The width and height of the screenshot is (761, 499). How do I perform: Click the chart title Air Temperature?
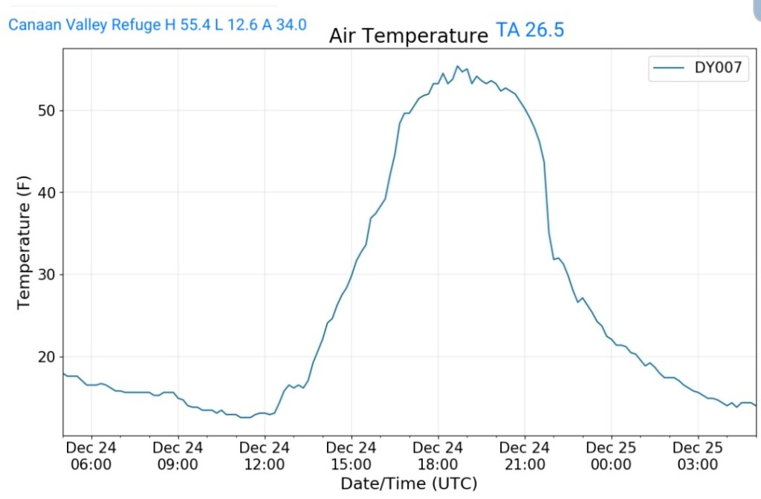click(x=408, y=36)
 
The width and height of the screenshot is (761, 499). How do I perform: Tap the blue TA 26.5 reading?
click(x=530, y=31)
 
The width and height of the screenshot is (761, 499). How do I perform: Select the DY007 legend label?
click(x=722, y=68)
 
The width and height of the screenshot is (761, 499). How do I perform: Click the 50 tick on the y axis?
click(x=47, y=111)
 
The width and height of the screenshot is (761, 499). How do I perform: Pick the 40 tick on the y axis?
click(x=47, y=193)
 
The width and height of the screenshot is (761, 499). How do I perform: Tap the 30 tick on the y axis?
click(x=47, y=275)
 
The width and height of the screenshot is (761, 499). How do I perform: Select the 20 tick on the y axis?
click(x=47, y=357)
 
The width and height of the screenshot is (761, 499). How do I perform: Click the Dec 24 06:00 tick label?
click(x=91, y=456)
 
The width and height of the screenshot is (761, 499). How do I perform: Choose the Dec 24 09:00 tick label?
click(x=178, y=456)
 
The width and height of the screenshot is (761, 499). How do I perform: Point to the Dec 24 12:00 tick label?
click(x=265, y=456)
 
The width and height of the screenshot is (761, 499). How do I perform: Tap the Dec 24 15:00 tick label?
click(x=352, y=456)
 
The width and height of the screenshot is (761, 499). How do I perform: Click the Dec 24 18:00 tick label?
click(x=438, y=456)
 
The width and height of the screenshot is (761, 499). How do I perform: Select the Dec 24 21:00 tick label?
click(x=525, y=456)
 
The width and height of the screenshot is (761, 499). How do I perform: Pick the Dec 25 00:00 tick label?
click(x=611, y=456)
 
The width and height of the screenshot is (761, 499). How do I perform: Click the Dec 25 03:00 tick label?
click(x=698, y=456)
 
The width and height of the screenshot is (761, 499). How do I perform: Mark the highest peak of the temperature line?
click(x=458, y=66)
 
